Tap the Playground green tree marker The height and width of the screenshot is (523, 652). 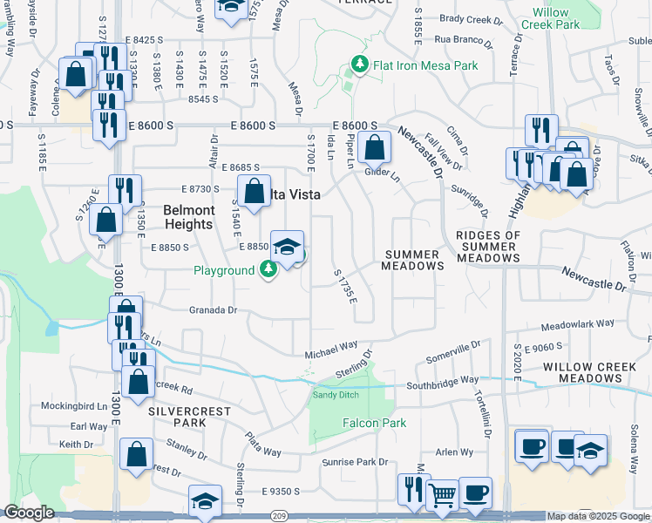(269, 271)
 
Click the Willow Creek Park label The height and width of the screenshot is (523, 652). (550, 19)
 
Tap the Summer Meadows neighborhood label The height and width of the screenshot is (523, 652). (415, 259)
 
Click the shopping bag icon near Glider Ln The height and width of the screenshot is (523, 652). (374, 147)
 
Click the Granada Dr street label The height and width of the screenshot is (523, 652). (214, 309)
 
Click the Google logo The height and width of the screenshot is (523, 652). (29, 513)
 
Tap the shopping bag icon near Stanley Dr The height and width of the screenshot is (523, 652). (137, 454)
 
